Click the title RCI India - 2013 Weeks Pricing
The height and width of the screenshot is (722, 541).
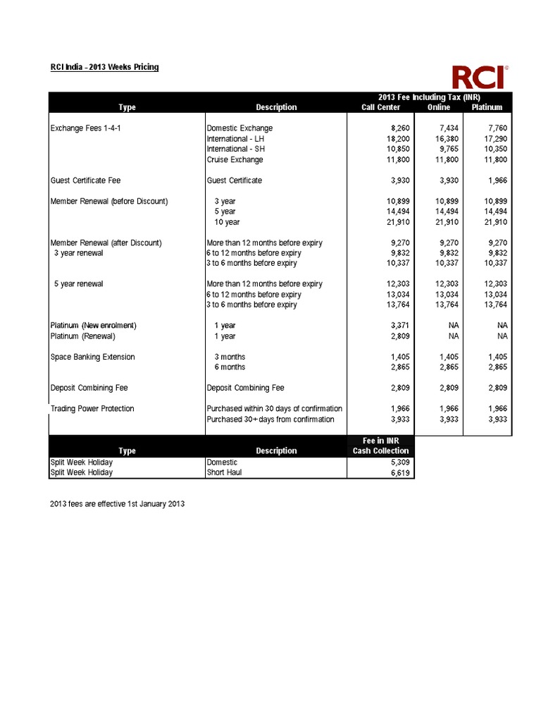104,67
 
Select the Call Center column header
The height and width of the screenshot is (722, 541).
380,107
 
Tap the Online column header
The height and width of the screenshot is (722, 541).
439,107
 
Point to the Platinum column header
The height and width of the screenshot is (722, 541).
487,107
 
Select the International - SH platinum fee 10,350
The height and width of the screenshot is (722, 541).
493,149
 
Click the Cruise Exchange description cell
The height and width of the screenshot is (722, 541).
235,160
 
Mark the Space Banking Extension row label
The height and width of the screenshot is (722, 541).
92,357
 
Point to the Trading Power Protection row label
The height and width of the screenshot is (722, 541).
92,409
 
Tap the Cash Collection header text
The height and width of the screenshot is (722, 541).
380,451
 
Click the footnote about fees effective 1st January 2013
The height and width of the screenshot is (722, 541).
117,505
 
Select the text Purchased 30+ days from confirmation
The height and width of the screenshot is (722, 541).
270,420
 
